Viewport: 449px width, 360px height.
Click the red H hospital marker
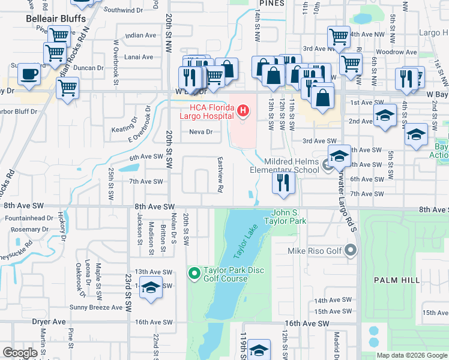tap(243, 110)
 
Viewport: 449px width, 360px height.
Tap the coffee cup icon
tap(28, 74)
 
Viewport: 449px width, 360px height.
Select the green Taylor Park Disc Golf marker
tap(194, 274)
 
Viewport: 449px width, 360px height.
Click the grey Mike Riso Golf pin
tap(351, 251)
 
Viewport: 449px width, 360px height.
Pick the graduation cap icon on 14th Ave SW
tap(151, 287)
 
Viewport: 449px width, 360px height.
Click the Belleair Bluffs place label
tap(53, 19)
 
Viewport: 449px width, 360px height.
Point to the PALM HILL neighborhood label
tap(397, 280)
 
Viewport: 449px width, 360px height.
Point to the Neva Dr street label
tap(201, 132)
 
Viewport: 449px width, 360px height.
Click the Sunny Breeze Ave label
tap(96, 307)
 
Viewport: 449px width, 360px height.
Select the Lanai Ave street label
tap(139, 57)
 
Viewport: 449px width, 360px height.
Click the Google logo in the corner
tap(20, 352)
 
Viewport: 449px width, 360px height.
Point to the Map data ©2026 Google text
tap(411, 355)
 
